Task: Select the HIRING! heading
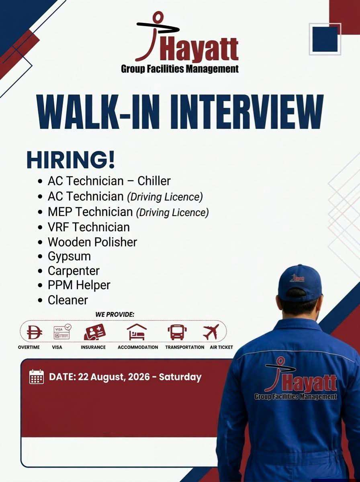click(70, 159)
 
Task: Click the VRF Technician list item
click(89, 227)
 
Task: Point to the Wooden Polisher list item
click(92, 242)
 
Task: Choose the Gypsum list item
click(69, 257)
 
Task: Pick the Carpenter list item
click(74, 271)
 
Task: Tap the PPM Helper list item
click(79, 285)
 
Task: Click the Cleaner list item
click(67, 300)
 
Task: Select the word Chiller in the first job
click(154, 181)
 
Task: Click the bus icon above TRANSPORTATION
click(177, 332)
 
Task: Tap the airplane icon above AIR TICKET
click(211, 332)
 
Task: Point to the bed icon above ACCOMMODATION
click(137, 332)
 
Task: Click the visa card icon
click(62, 332)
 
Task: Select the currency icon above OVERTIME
click(34, 332)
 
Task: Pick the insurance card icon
click(95, 332)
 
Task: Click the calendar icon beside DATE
click(37, 377)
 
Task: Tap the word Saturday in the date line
click(180, 377)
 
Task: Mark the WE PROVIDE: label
click(115, 314)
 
